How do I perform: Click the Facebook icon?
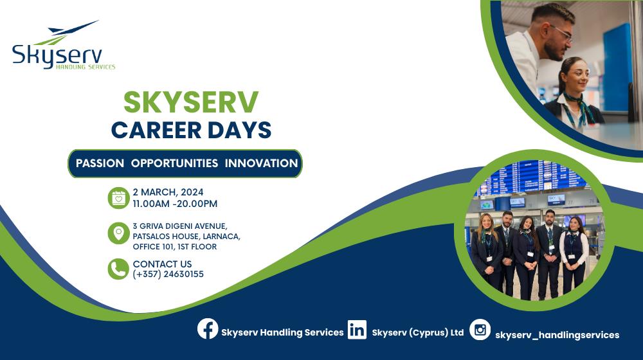coord(208,329)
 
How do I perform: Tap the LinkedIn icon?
coord(357,330)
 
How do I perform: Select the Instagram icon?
coord(480,330)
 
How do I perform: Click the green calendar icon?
coord(118,198)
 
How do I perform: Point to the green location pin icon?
coord(118,233)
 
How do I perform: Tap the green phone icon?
coord(118,269)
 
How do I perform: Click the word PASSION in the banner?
coord(100,163)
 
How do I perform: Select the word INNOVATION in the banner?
coord(261,163)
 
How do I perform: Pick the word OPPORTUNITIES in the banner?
coord(174,163)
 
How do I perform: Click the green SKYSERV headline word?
coord(191,102)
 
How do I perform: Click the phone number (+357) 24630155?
coord(168,274)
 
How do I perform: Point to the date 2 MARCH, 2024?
coord(168,192)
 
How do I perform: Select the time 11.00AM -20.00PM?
coord(175,204)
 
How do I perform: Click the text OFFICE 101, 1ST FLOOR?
coord(175,247)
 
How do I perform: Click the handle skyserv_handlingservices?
coord(557,336)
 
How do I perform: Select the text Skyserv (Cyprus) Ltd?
coord(418,332)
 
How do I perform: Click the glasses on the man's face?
coord(561,33)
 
